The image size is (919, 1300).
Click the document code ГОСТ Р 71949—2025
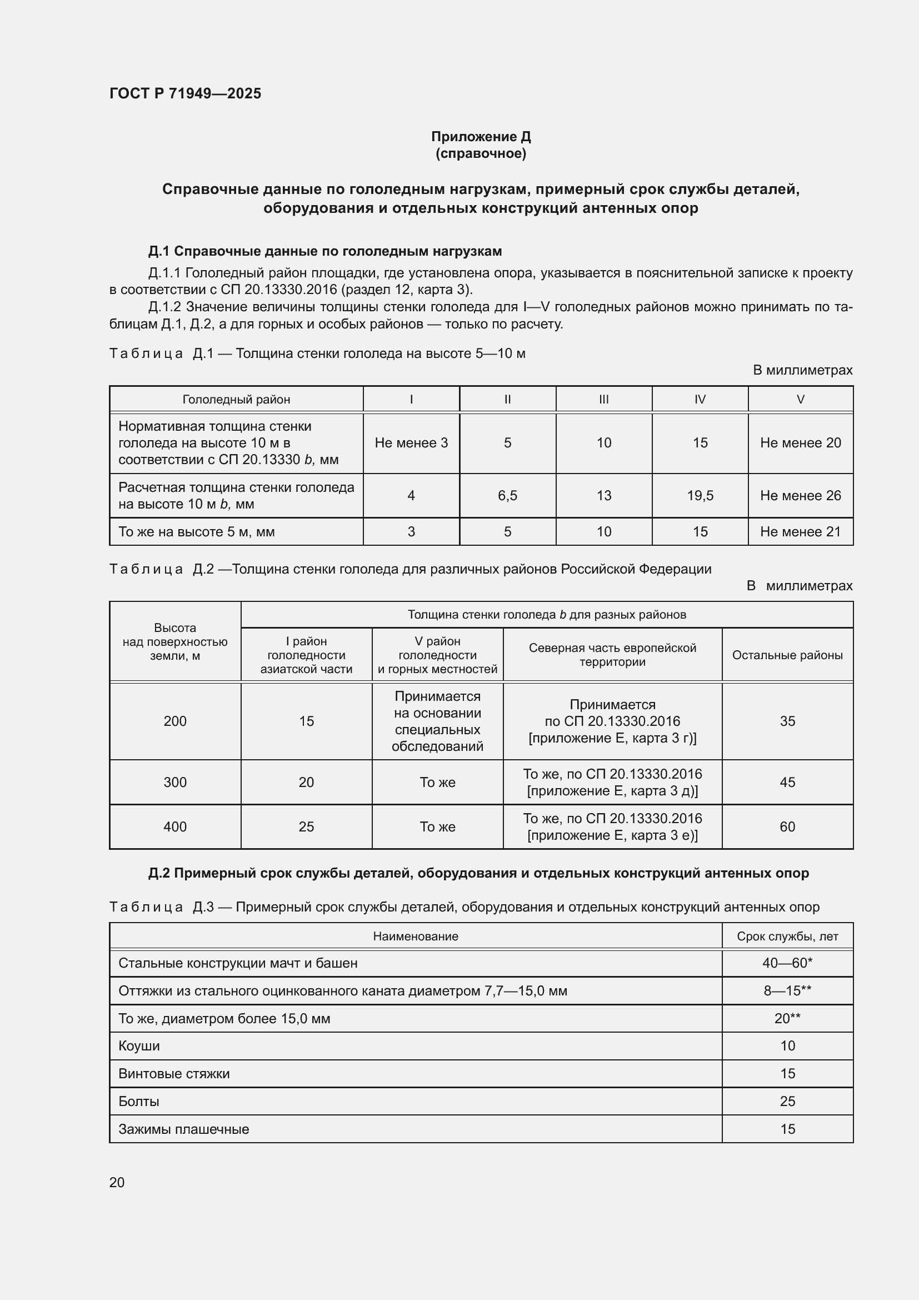click(x=185, y=93)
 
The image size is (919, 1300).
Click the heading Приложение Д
click(x=481, y=137)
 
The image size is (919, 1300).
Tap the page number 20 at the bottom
click(x=117, y=1182)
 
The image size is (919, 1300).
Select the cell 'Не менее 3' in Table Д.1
click(x=411, y=443)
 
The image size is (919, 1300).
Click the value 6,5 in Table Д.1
click(x=507, y=495)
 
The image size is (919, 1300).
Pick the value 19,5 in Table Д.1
click(x=700, y=495)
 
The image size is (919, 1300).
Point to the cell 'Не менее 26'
click(x=800, y=495)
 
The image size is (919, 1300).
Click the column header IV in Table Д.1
click(x=700, y=399)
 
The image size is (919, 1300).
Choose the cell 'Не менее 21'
click(x=800, y=532)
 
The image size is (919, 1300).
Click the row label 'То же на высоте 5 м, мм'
click(x=196, y=532)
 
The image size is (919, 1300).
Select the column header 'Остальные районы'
click(x=787, y=655)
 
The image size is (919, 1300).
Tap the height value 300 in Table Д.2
click(x=175, y=782)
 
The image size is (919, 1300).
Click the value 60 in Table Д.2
click(x=787, y=826)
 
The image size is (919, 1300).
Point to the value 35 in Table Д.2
click(x=787, y=721)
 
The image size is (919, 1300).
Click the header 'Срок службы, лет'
click(x=787, y=937)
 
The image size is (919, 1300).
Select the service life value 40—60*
click(x=787, y=963)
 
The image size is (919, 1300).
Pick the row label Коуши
click(x=139, y=1046)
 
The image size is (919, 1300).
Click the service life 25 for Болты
click(x=787, y=1101)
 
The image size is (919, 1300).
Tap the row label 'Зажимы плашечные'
click(x=183, y=1129)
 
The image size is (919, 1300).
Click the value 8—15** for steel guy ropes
click(x=787, y=991)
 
